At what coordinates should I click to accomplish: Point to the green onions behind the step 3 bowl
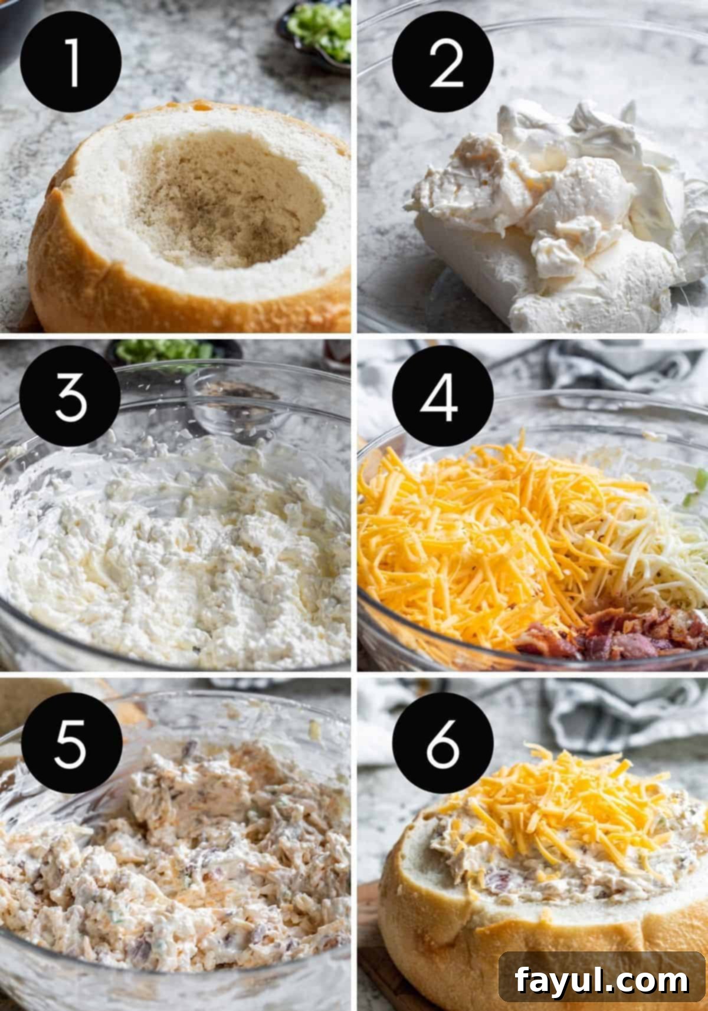(159, 351)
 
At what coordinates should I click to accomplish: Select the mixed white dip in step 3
(177, 554)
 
